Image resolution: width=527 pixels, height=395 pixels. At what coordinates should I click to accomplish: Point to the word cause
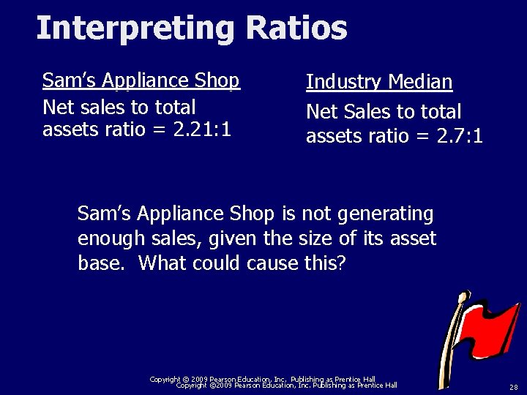pos(272,263)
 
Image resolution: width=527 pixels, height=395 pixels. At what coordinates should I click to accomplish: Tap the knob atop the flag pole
pos(463,297)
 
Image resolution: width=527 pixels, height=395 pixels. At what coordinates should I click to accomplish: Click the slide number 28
pos(513,387)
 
